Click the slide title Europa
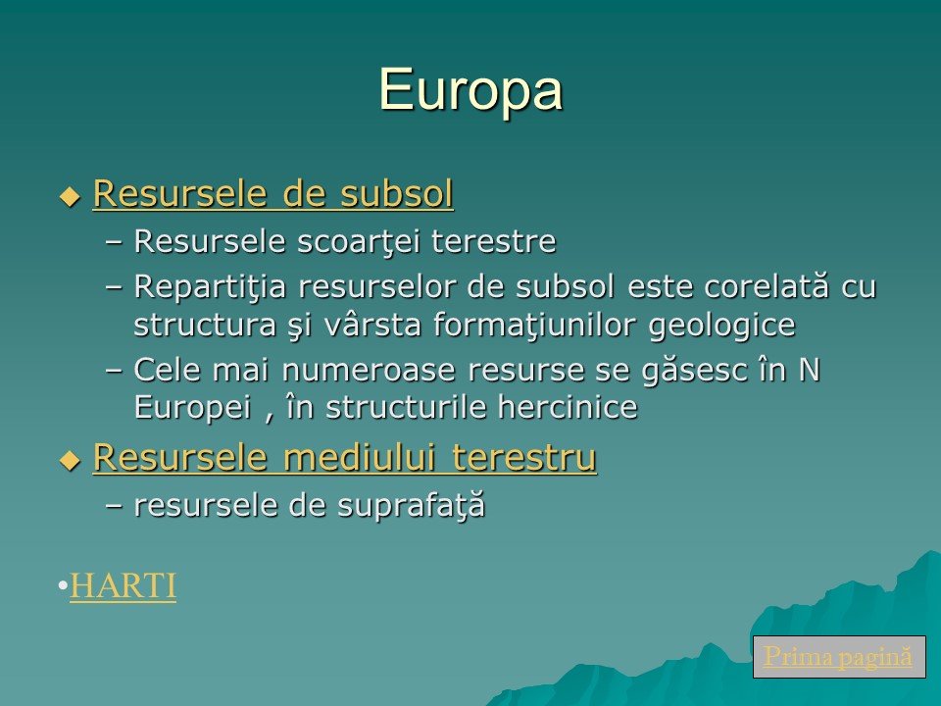pos(470,90)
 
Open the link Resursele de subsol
pos(273,193)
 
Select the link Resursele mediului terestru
pos(345,458)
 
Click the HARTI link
pos(124,585)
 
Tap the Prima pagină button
pos(839,656)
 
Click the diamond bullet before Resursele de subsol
pos(71,197)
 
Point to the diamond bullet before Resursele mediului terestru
pos(71,461)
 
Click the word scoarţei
pos(359,242)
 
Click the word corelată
pos(767,286)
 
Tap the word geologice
pos(722,326)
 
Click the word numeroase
pos(369,370)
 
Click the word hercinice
pos(568,408)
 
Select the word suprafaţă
pos(411,506)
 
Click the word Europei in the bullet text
pos(192,408)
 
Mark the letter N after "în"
pos(809,370)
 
